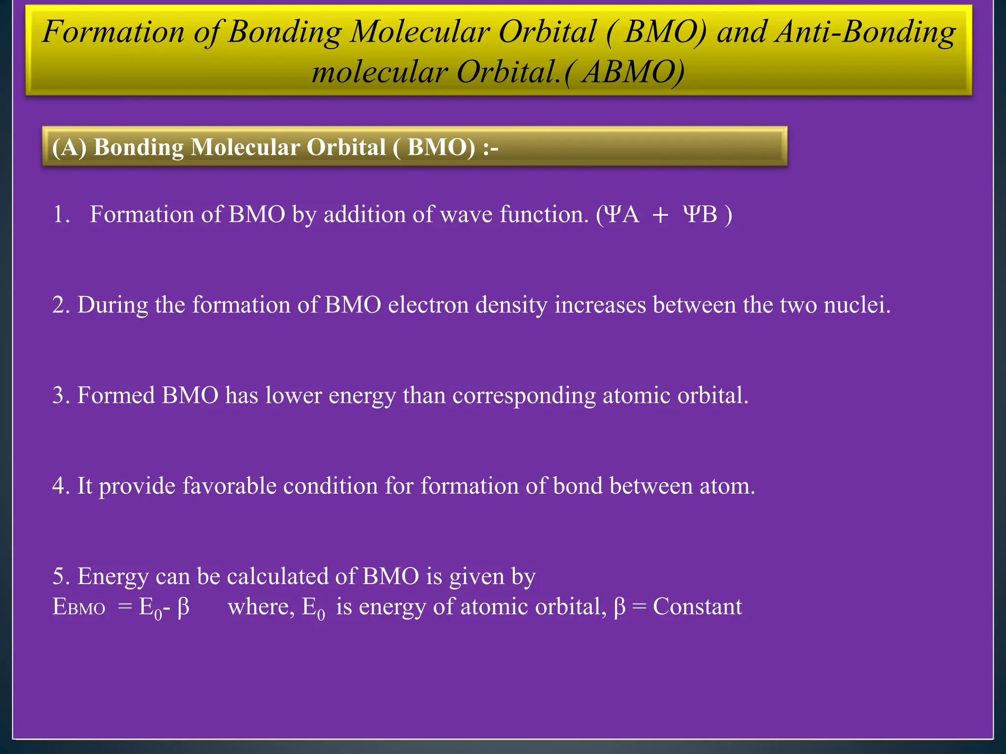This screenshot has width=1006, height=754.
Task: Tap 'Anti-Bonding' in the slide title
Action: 865,32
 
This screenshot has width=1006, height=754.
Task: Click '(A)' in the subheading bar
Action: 69,147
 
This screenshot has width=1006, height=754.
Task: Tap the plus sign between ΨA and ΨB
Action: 661,215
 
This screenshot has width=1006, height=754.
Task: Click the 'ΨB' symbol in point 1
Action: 700,215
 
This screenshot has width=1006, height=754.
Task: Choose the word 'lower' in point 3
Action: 293,396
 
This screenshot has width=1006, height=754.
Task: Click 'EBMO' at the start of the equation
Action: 79,608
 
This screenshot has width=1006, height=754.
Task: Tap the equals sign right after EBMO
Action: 125,608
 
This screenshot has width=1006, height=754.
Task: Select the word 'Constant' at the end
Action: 697,607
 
